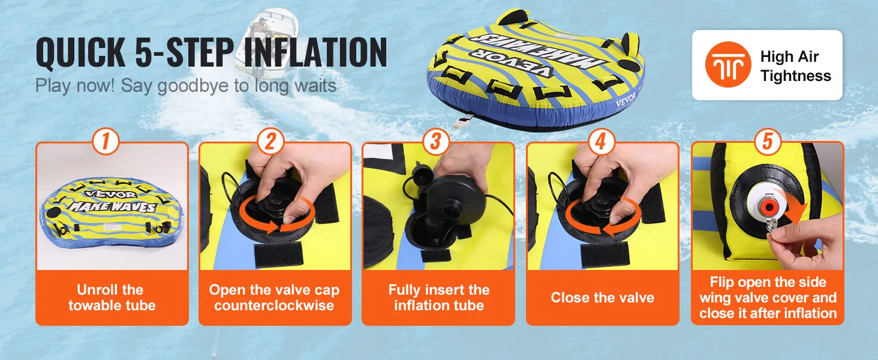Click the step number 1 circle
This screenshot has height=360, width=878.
click(106, 141)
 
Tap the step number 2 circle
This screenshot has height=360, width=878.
click(270, 141)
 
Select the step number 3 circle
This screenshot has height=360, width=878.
click(436, 141)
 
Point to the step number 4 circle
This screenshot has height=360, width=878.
click(601, 141)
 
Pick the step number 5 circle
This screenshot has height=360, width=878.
click(767, 141)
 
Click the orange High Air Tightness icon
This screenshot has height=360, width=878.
click(728, 65)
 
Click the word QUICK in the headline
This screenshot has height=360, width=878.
click(80, 52)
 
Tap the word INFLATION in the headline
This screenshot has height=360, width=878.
click(315, 52)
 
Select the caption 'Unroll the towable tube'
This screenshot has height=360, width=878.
click(112, 298)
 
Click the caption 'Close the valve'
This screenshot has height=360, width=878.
click(603, 298)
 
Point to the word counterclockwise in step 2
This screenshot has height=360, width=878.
click(274, 305)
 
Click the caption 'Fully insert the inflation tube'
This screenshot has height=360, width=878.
click(439, 298)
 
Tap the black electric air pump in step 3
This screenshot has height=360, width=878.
click(451, 204)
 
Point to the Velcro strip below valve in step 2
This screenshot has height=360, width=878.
click(279, 255)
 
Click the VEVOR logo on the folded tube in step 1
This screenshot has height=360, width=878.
click(106, 194)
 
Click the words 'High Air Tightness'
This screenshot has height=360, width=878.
click(795, 66)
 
